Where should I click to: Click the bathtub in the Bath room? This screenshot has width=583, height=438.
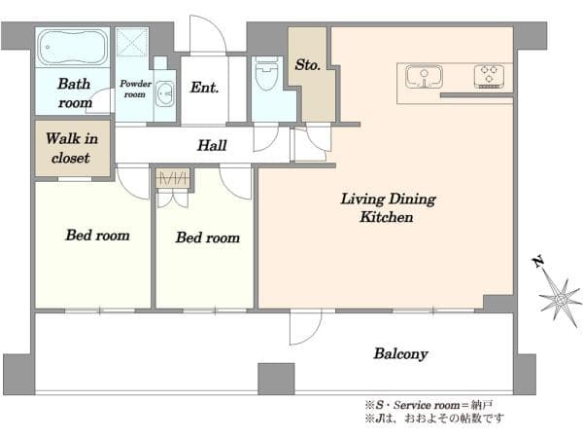click(x=73, y=48)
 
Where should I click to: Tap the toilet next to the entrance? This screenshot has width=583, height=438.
click(x=266, y=74)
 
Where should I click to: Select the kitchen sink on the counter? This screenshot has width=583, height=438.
click(x=424, y=77)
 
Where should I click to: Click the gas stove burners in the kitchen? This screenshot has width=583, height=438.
click(x=490, y=76)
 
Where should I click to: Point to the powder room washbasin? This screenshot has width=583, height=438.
click(x=164, y=93)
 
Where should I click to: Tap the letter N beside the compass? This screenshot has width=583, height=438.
click(x=537, y=262)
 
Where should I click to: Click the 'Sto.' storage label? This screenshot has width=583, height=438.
click(x=307, y=65)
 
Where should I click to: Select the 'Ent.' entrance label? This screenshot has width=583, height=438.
click(x=204, y=88)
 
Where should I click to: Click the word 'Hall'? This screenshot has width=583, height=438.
click(x=212, y=145)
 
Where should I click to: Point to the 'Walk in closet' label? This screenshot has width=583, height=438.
click(x=72, y=148)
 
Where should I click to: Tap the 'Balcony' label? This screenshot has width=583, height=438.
click(x=400, y=354)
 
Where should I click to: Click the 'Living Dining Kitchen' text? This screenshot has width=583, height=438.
click(x=388, y=208)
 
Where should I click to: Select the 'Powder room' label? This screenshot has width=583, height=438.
click(x=135, y=89)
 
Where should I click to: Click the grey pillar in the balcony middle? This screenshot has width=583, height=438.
click(x=276, y=380)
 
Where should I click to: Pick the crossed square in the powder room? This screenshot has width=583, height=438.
click(x=131, y=42)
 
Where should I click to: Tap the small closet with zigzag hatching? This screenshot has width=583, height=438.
click(x=173, y=178)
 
